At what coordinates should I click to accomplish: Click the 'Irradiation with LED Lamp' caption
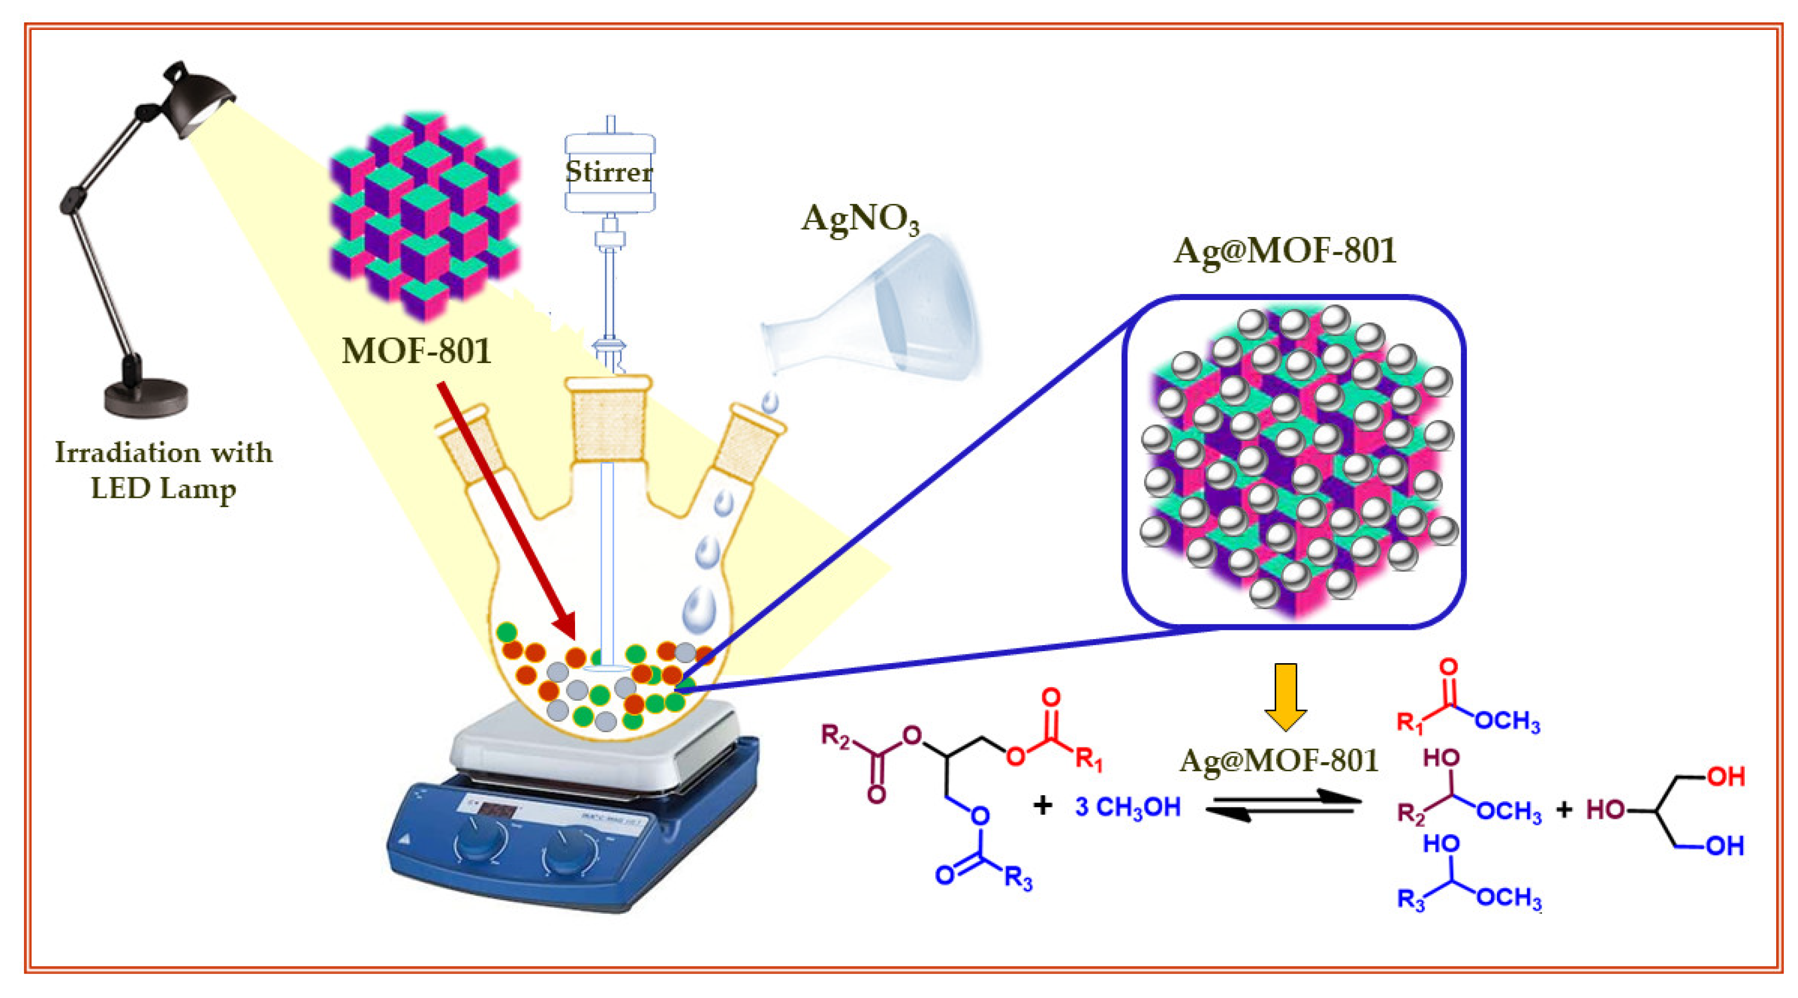pyautogui.click(x=163, y=470)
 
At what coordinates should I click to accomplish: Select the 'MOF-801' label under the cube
pyautogui.click(x=417, y=351)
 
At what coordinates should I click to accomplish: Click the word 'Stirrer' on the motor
pyautogui.click(x=609, y=172)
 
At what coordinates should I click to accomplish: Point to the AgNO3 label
pyautogui.click(x=860, y=219)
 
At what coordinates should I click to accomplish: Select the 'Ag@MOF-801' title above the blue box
pyautogui.click(x=1284, y=251)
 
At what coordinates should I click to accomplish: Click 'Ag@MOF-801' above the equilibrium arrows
pyautogui.click(x=1279, y=760)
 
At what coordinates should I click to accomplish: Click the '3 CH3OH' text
pyautogui.click(x=1128, y=807)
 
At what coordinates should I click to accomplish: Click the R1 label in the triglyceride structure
pyautogui.click(x=1088, y=759)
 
